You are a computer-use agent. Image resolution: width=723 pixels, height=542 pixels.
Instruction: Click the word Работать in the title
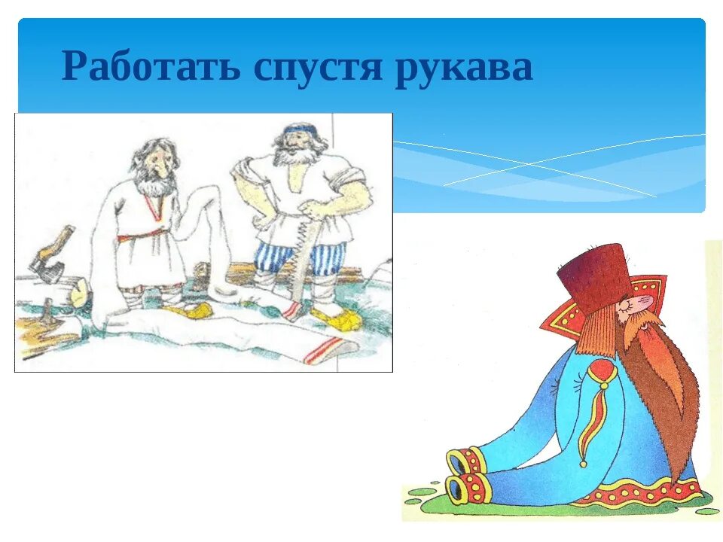tap(151, 68)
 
